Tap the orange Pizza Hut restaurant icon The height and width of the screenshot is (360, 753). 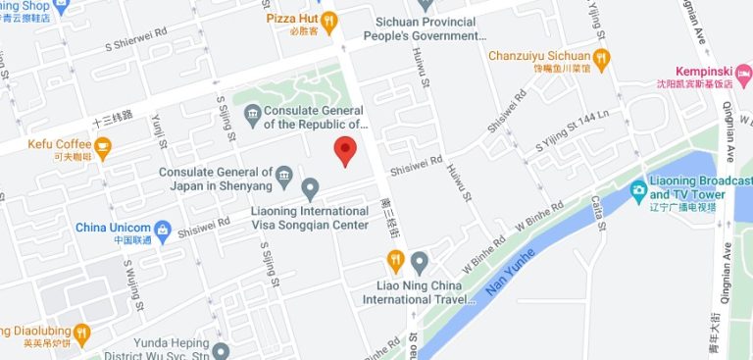(x=329, y=19)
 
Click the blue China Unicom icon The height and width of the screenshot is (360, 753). (x=162, y=231)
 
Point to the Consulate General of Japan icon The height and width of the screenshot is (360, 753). (x=284, y=177)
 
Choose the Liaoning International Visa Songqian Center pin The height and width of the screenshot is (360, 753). (x=310, y=187)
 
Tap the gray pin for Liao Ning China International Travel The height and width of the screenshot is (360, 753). (x=420, y=261)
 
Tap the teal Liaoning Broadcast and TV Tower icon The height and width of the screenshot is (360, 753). (x=639, y=188)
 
